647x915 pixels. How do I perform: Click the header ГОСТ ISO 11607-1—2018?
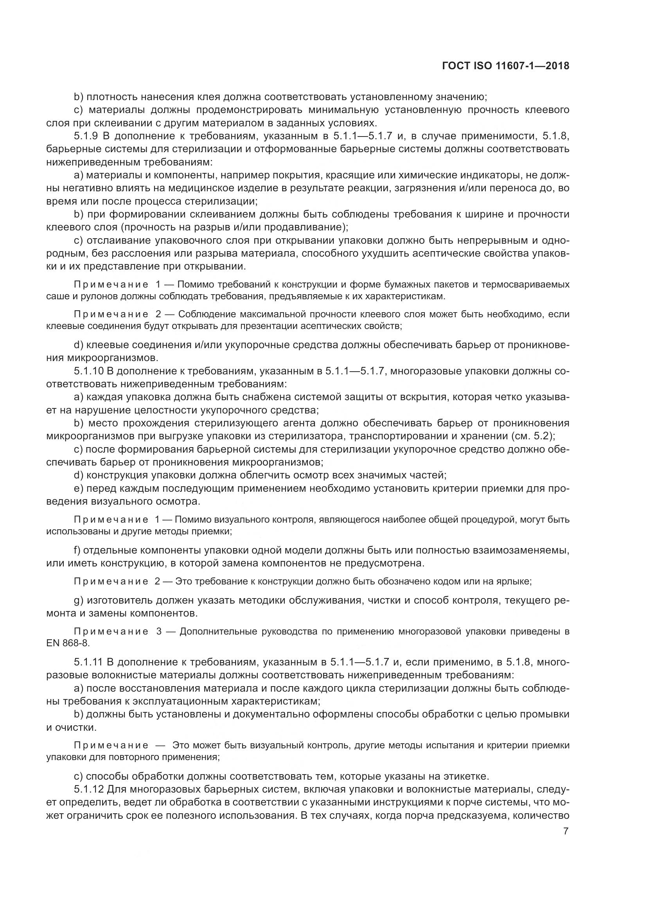point(505,66)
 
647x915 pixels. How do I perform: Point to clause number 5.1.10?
point(89,371)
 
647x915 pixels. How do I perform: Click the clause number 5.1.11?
point(89,662)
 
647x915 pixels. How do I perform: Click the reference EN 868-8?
point(68,643)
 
